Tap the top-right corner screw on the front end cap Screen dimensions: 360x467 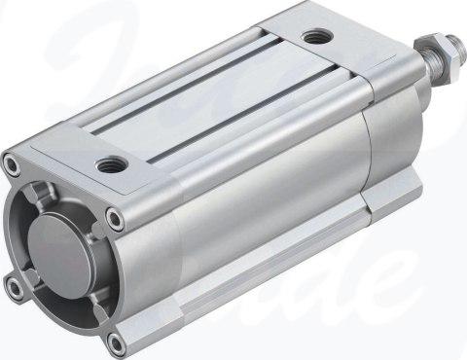point(116,218)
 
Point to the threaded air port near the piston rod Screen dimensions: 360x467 point(315,38)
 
